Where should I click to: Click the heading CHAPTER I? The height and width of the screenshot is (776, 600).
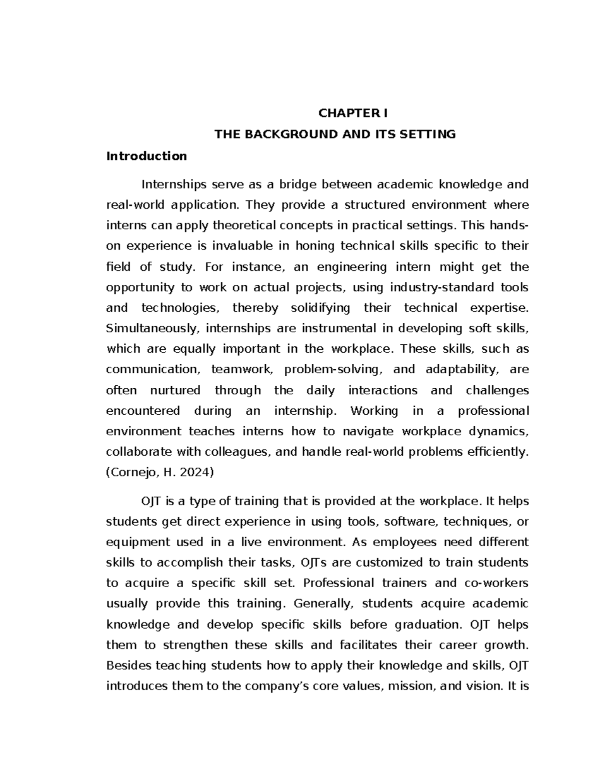353,113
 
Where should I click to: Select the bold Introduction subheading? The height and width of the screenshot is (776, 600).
146,156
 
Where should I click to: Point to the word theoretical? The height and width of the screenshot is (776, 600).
243,226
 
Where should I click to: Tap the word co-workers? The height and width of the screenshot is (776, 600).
496,583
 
